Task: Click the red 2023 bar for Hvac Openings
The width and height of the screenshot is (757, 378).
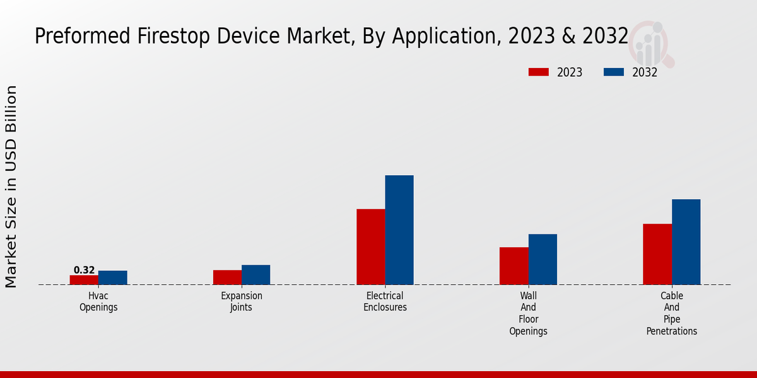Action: pyautogui.click(x=84, y=280)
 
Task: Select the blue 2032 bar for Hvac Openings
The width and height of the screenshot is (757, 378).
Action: pyautogui.click(x=113, y=278)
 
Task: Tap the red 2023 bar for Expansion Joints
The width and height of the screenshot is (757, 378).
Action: pyautogui.click(x=227, y=277)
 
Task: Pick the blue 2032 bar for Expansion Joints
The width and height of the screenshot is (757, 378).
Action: pyautogui.click(x=255, y=275)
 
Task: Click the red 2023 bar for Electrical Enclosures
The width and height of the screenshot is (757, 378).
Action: pyautogui.click(x=371, y=247)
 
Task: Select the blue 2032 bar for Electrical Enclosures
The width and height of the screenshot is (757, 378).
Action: pyautogui.click(x=399, y=230)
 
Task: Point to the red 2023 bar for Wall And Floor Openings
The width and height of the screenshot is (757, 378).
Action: pyautogui.click(x=514, y=266)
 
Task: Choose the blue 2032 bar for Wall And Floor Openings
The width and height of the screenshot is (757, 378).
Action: pyautogui.click(x=543, y=260)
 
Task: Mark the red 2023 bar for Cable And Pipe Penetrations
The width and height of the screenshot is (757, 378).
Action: pyautogui.click(x=657, y=254)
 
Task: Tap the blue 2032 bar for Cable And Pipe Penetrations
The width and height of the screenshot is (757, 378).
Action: pyautogui.click(x=686, y=242)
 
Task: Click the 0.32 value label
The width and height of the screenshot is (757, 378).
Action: pyautogui.click(x=84, y=270)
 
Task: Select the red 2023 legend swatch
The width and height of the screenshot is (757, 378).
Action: pyautogui.click(x=539, y=72)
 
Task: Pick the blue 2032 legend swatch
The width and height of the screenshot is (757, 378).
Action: pyautogui.click(x=614, y=72)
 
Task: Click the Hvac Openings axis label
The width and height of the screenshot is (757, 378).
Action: pyautogui.click(x=98, y=302)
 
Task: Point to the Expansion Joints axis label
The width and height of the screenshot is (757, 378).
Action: pyautogui.click(x=242, y=302)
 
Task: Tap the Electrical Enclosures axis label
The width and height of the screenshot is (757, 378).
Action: pyautogui.click(x=385, y=302)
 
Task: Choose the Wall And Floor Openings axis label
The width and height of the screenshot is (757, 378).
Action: pyautogui.click(x=529, y=313)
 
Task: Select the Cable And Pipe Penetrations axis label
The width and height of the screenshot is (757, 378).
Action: pyautogui.click(x=672, y=313)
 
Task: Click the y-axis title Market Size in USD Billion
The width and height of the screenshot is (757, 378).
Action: pyautogui.click(x=11, y=186)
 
